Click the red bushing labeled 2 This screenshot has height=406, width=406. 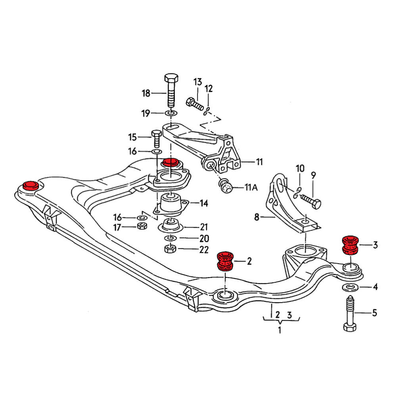(x=226, y=261)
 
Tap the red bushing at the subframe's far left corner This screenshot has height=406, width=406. (x=30, y=185)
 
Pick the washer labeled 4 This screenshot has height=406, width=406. (x=350, y=287)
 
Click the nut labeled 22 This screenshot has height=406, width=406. (x=170, y=249)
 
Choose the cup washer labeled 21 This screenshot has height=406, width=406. (x=170, y=227)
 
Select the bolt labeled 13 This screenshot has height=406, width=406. (x=194, y=105)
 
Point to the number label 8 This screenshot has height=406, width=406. (x=257, y=217)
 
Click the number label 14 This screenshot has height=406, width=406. (x=204, y=204)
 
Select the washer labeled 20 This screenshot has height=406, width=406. (x=170, y=239)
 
